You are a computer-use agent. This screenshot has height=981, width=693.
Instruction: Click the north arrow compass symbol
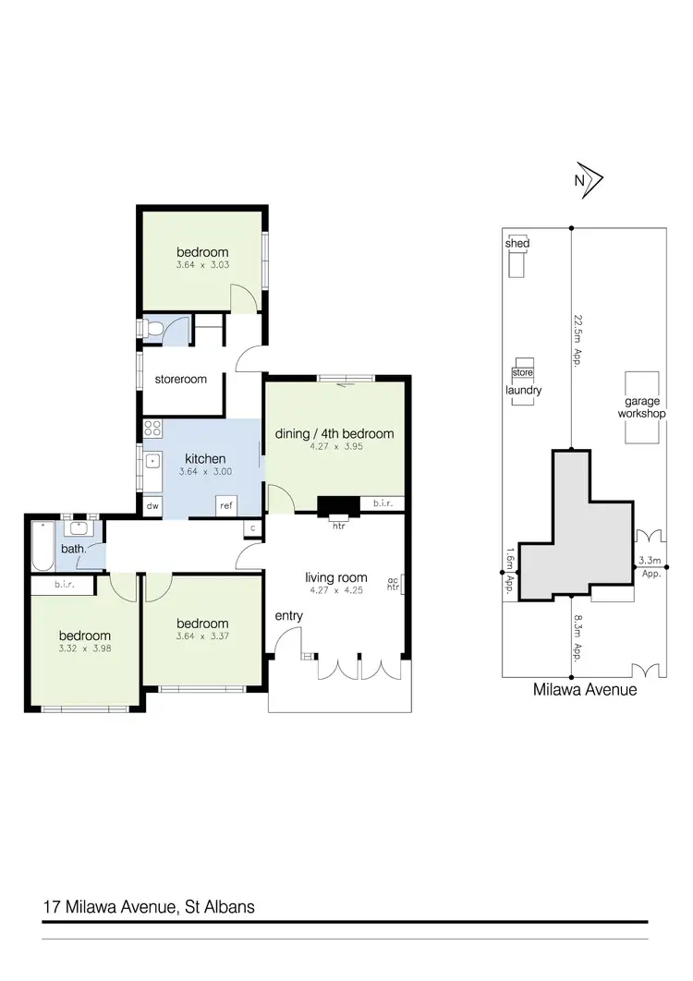587,182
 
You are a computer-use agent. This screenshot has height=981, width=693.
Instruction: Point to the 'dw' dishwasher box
152,505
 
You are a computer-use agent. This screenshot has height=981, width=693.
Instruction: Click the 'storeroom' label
180,379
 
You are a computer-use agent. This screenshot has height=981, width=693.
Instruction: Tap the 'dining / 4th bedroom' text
334,433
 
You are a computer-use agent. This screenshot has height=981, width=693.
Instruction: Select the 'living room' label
336,578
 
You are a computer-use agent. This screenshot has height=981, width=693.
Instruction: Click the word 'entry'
288,615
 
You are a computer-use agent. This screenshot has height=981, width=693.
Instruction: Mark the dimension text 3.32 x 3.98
85,648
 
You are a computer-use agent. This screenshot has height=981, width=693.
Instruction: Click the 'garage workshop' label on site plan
642,407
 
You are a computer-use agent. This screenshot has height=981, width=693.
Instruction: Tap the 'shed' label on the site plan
517,243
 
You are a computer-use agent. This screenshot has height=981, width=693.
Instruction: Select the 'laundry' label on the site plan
523,391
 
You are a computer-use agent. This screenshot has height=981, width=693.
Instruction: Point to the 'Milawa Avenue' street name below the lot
585,689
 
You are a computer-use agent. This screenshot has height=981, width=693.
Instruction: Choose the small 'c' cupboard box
252,527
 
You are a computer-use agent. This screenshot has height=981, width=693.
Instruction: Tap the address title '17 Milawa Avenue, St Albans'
149,907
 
